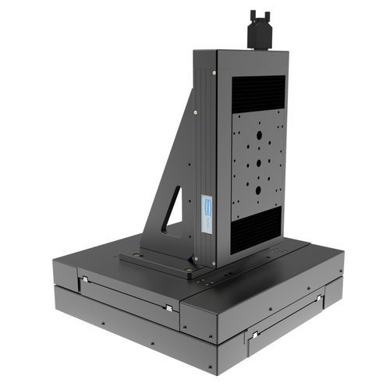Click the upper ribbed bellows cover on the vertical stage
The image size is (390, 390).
click(x=258, y=91)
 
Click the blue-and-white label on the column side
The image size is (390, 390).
click(x=207, y=212)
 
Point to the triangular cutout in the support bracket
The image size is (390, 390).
click(x=173, y=210)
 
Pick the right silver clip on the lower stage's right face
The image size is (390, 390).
click(x=319, y=298)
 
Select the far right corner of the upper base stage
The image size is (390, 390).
click(x=343, y=250)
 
